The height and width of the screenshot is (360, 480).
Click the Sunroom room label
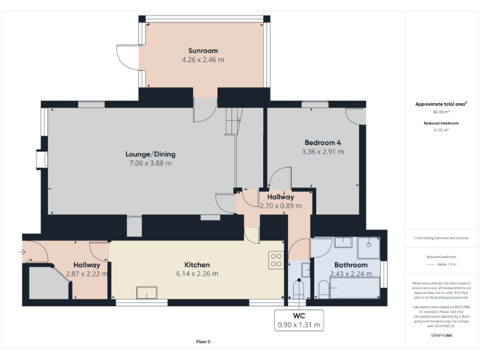pos(202,51)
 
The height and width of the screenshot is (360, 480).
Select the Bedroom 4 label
pos(322,141)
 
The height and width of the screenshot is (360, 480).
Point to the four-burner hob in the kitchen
pos(275,260)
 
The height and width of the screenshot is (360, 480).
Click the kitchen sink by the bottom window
pos(147,292)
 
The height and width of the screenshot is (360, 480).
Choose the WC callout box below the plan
pos(299,320)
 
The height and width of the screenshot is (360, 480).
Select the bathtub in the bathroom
pos(355,289)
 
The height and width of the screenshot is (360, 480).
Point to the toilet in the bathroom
pos(324,289)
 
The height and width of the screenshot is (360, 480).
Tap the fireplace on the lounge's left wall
pos(41,161)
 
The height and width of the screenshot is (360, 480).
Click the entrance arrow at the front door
pos(24,252)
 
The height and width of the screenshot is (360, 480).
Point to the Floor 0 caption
pos(203,342)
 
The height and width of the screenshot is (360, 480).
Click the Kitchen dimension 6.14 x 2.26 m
pos(197,274)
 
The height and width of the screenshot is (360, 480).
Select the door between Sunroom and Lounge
pos(202,110)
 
